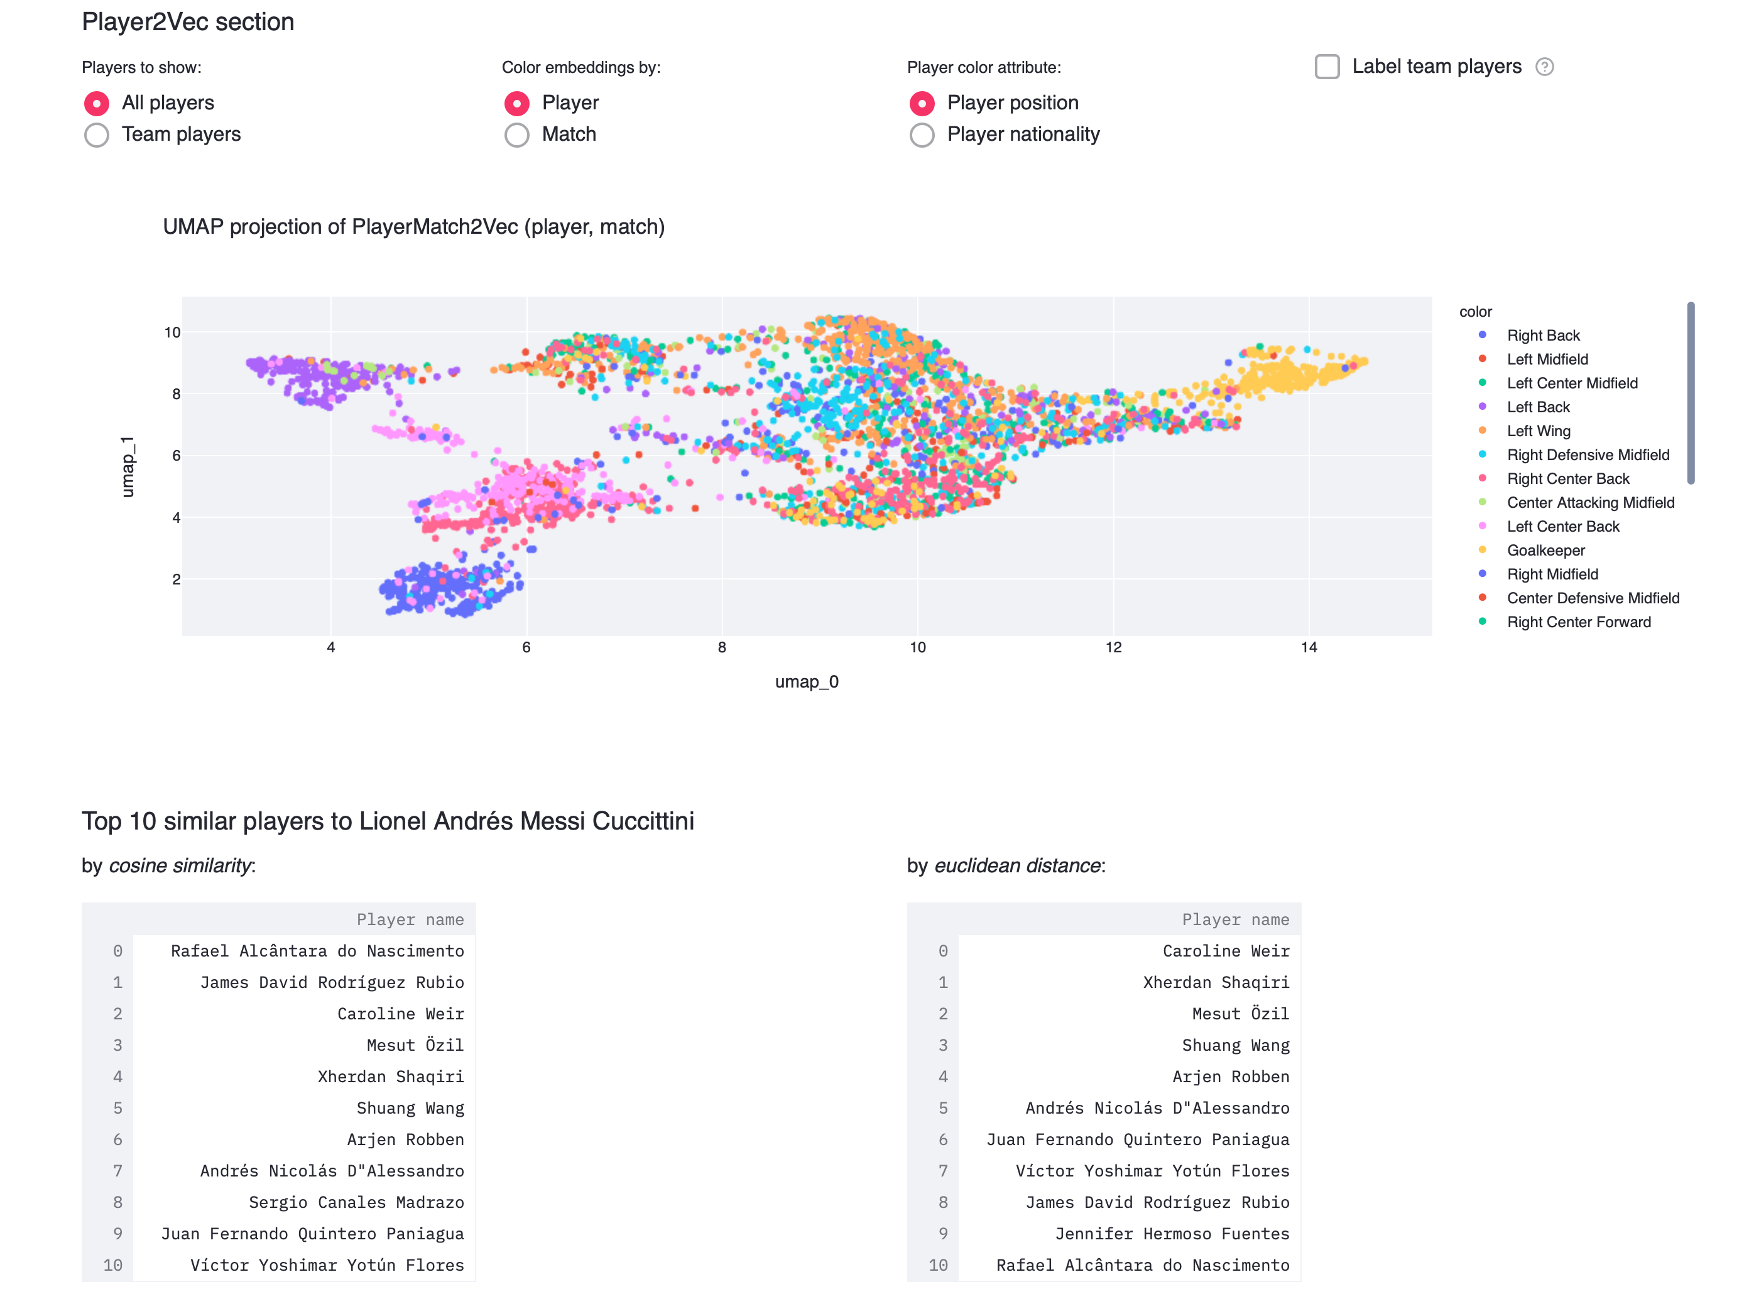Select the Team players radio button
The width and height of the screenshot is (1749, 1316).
tap(97, 135)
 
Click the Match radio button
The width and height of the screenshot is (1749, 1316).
tap(516, 135)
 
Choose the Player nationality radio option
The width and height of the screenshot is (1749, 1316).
tap(922, 135)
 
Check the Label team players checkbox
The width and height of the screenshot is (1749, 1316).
tap(1327, 67)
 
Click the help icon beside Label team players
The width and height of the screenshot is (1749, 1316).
tap(1544, 67)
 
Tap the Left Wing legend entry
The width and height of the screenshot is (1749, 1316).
tap(1538, 431)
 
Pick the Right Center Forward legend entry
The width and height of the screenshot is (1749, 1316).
tap(1578, 622)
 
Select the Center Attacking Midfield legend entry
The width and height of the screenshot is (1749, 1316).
tap(1590, 503)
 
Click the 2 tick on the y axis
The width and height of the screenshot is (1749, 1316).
tap(177, 579)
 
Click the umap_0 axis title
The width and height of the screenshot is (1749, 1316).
tap(807, 682)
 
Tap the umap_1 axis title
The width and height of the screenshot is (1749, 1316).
tap(128, 466)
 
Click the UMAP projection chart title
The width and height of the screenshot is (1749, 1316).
tap(413, 227)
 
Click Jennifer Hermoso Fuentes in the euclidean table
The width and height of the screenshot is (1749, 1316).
tap(1172, 1234)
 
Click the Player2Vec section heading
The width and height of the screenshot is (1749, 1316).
tap(188, 22)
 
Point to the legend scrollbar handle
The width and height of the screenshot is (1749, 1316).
tap(1691, 392)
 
